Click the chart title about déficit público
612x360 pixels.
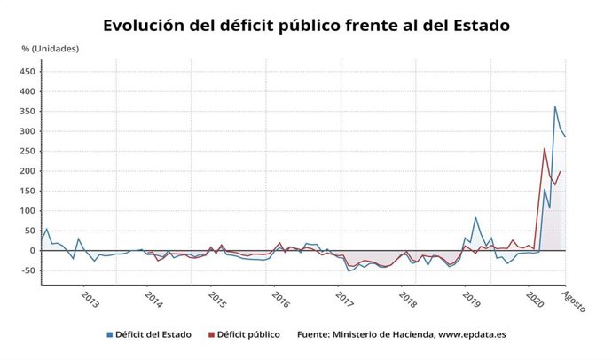306,25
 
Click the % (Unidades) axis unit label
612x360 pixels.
51,49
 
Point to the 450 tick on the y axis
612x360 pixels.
27,71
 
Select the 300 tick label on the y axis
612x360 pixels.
27,131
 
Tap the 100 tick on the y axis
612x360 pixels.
27,211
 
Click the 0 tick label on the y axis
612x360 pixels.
32,251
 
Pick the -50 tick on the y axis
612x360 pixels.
27,270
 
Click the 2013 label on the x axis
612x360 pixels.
90,299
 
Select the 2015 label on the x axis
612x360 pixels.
216,299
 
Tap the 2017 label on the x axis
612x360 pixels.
343,299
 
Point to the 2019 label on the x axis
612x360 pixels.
470,299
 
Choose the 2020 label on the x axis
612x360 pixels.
534,299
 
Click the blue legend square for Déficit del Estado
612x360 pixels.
110,335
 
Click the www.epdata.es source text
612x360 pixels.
465,335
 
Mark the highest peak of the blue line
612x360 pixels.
555,107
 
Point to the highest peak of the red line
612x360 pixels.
544,148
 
